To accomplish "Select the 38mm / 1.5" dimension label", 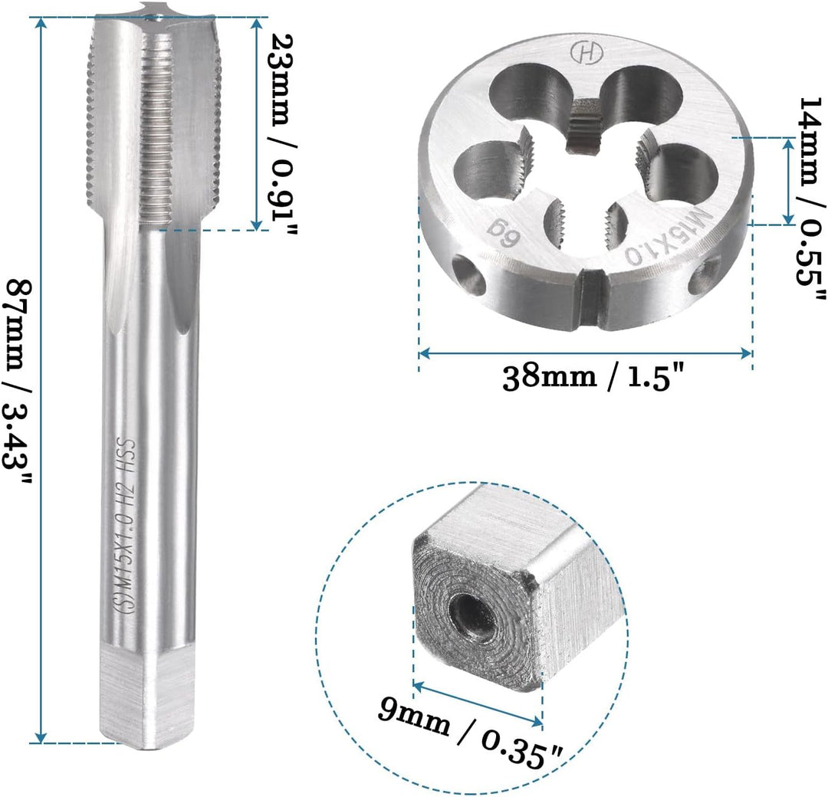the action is point(593,377).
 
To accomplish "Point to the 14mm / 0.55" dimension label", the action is point(811,199).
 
